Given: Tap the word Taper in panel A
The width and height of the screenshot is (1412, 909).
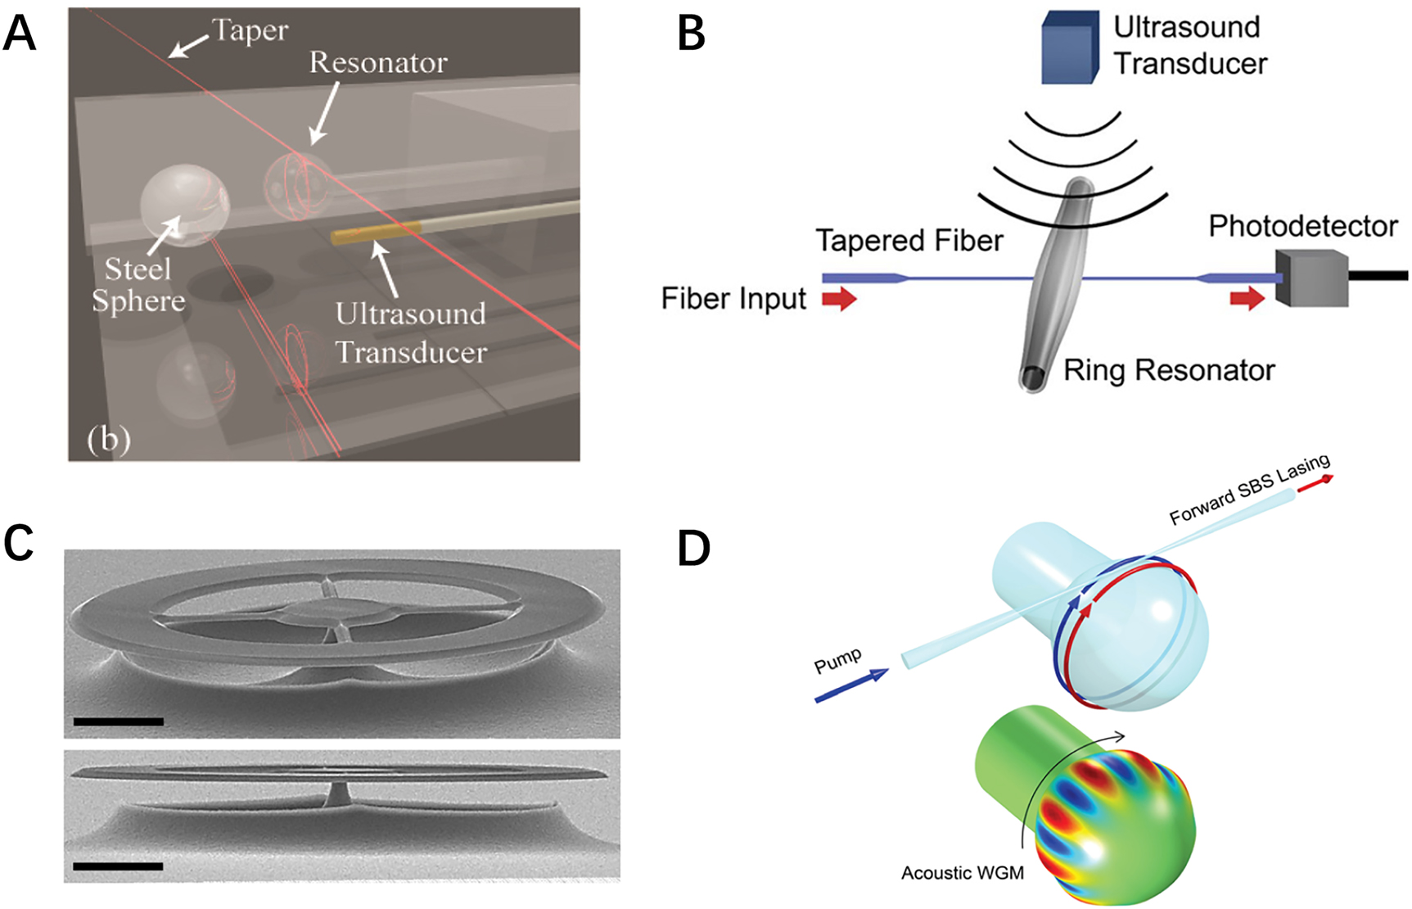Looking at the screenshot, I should (x=250, y=30).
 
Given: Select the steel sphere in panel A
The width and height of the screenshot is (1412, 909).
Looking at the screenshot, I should (x=184, y=205).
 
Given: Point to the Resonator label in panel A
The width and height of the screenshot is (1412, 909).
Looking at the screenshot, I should (x=378, y=62).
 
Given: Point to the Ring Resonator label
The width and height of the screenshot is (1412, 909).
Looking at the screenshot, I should (x=1169, y=370).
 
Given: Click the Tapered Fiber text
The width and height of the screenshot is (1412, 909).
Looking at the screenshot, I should (x=909, y=241).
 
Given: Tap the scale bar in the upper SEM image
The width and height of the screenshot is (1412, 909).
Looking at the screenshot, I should (x=118, y=721).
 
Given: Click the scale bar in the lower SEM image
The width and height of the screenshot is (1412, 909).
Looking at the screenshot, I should (x=118, y=866).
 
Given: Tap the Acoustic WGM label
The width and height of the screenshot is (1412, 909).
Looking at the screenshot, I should (x=962, y=873).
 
